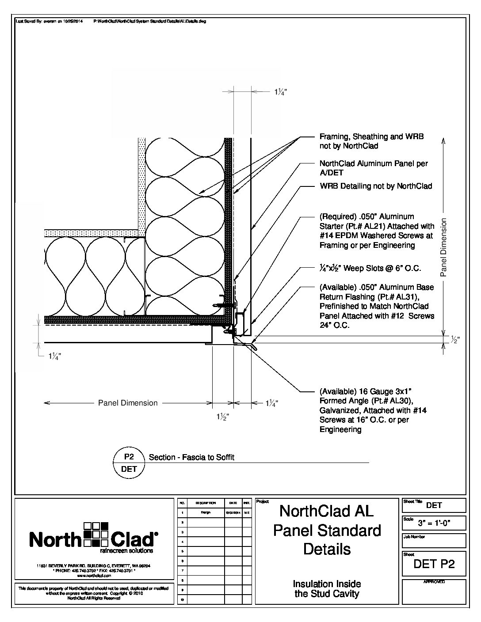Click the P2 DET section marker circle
click(x=129, y=463)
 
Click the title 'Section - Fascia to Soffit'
click(x=191, y=457)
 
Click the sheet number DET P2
click(x=434, y=564)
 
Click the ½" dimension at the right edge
click(x=455, y=340)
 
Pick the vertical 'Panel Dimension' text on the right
click(x=444, y=247)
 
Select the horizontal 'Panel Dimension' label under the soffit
click(x=128, y=403)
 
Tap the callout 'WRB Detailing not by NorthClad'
click(x=375, y=186)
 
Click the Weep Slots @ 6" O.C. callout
click(x=370, y=268)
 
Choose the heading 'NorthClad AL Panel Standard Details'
click(x=327, y=530)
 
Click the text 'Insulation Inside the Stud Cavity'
click(x=327, y=589)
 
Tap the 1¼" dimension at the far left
click(x=55, y=357)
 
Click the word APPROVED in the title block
click(x=434, y=582)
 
